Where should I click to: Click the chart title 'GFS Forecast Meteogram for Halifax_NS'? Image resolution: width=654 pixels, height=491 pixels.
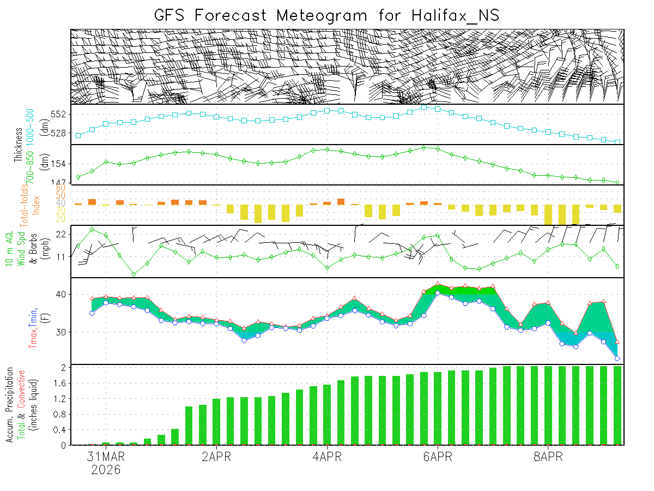[326, 15]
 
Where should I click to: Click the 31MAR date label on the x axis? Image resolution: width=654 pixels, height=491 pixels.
[106, 457]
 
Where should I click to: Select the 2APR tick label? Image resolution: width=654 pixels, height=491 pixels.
[216, 457]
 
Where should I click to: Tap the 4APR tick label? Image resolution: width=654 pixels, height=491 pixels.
[327, 457]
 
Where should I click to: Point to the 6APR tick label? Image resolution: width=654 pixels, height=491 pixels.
[437, 457]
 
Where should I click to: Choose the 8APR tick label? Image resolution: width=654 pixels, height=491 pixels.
[548, 457]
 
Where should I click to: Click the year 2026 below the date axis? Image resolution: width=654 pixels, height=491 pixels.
[106, 470]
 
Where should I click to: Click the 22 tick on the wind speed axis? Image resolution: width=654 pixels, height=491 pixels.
[60, 234]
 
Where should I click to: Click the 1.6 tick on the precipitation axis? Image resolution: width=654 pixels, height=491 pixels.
[60, 384]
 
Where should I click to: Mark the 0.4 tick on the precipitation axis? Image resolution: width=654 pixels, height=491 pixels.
[60, 430]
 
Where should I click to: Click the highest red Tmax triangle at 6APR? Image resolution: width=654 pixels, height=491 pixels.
[438, 284]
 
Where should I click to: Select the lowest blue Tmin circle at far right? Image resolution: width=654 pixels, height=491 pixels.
[617, 358]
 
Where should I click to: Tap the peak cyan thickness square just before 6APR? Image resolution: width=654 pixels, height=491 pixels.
[424, 107]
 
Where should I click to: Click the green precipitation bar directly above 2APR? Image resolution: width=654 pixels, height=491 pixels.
[216, 422]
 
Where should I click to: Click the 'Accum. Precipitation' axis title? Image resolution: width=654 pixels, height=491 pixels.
[10, 406]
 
